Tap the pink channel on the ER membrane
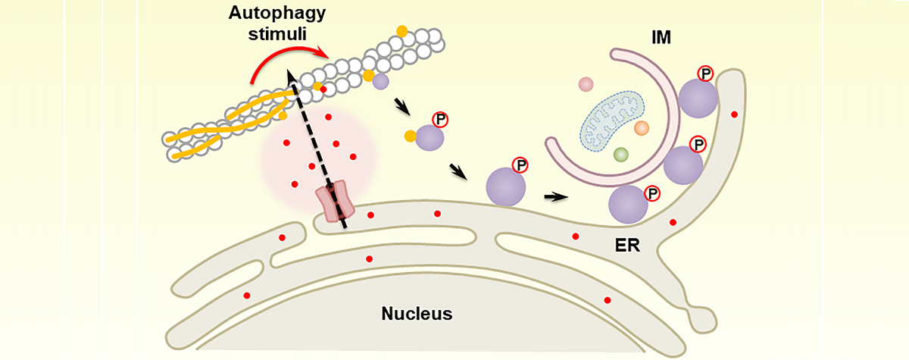pos(336,201)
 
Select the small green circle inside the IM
pos(621,155)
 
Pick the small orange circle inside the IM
pos(641,129)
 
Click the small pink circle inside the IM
pos(586,84)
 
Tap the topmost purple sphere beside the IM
pos(697,99)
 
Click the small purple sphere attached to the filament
pos(381,81)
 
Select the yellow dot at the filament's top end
pos(401,30)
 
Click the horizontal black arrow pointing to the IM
pos(557,197)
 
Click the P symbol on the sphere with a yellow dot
pos(439,119)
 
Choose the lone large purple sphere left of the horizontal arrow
pos(505,185)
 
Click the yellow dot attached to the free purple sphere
pos(410,136)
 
